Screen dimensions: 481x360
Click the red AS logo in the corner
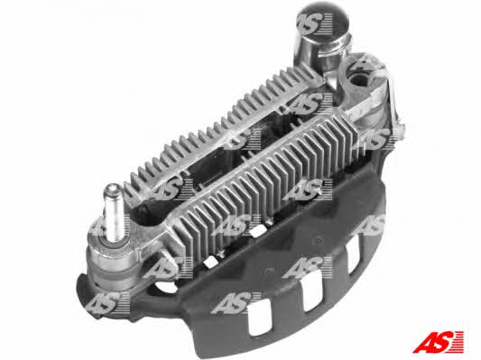tap(438, 342)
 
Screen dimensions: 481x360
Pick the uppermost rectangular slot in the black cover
tap(354, 254)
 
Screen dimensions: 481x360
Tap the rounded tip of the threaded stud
tap(112, 188)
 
